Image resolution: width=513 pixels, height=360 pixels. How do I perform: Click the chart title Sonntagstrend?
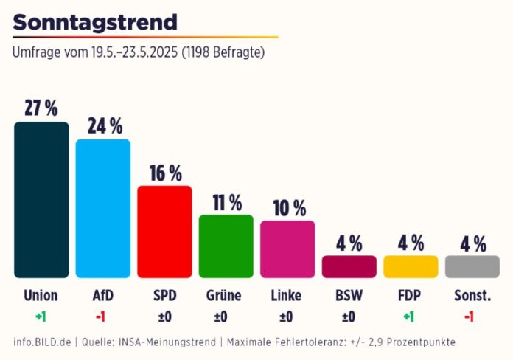[95, 22]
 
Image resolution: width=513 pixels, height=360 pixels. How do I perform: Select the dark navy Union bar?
[41, 199]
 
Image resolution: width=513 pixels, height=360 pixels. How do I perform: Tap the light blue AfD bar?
[103, 208]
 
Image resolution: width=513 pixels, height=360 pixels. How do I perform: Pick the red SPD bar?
[164, 231]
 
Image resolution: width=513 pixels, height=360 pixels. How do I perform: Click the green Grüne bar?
[226, 246]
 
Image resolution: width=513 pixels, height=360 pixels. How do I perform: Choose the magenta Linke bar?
[287, 249]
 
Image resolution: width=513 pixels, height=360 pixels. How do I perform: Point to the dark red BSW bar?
[349, 266]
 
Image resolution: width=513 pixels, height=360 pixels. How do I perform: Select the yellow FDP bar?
[411, 266]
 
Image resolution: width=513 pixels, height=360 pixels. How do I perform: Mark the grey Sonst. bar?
[472, 266]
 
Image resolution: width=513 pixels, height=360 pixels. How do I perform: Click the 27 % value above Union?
[41, 108]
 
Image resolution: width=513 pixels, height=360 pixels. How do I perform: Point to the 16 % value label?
[165, 173]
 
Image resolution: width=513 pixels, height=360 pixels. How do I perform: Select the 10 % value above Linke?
[288, 208]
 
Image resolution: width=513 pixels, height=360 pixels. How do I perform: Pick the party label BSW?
[349, 296]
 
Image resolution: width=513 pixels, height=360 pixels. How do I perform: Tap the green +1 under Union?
[41, 316]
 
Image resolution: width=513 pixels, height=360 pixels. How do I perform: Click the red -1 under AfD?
[103, 316]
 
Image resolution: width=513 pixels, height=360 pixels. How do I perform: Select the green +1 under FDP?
[411, 316]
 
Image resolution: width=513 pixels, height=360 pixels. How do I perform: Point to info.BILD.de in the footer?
[42, 342]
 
